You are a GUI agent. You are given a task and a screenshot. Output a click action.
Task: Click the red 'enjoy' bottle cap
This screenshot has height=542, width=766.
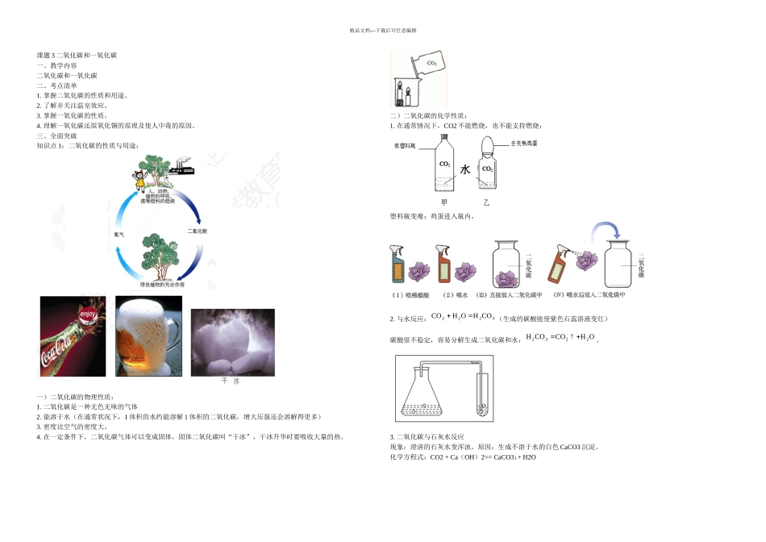tap(90, 312)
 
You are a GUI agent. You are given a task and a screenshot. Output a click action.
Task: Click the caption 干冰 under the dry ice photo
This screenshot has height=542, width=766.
tap(231, 380)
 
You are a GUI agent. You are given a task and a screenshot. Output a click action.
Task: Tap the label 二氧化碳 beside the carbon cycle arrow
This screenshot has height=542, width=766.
tap(197, 231)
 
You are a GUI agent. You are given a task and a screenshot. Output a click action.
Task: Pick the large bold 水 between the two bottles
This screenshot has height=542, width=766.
tap(465, 170)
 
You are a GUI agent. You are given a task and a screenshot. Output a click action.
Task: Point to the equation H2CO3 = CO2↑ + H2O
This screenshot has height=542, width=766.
tap(560, 337)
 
